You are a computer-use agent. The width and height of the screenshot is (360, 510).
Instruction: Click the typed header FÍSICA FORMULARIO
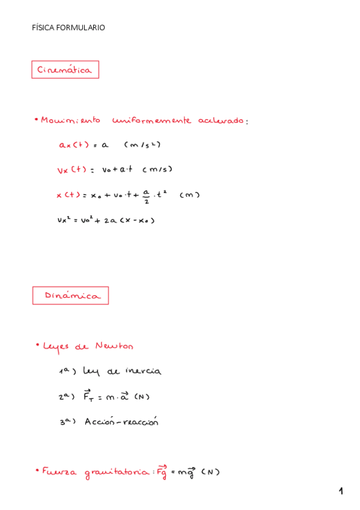pos(69,28)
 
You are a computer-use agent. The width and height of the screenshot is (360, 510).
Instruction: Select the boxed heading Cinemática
pos(65,70)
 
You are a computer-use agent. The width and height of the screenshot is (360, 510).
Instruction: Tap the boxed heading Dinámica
pos(70,295)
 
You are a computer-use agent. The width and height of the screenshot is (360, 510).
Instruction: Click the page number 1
pos(341,491)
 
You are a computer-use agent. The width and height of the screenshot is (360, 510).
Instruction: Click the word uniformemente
pos(151,120)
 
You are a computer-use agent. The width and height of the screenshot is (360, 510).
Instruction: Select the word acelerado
pos(221,120)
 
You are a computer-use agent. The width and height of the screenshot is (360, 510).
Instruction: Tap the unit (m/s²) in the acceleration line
pos(142,145)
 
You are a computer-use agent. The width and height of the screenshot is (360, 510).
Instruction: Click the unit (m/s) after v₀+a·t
pos(157,170)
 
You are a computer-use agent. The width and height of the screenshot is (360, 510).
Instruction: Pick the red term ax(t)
pos(73,145)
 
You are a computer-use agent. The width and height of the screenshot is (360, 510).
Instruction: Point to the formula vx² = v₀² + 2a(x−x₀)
pos(106,220)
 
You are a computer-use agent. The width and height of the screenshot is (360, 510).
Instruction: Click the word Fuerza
pos(59,473)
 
